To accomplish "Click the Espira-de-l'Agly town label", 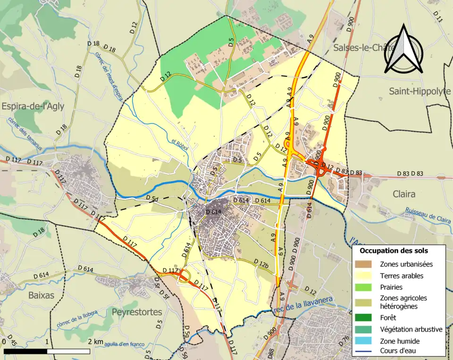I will click(x=33, y=106).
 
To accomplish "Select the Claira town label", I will click(x=404, y=194).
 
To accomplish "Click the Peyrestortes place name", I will click(x=137, y=312).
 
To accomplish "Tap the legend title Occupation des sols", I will click(x=394, y=251).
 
